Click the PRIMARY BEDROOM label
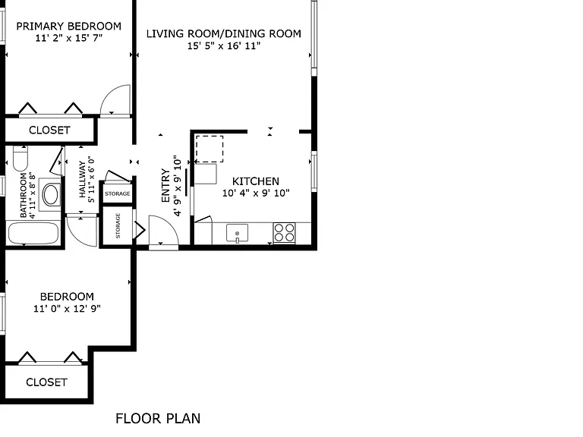pyautogui.click(x=69, y=27)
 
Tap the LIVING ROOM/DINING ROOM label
pyautogui.click(x=223, y=34)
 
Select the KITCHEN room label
pyautogui.click(x=255, y=181)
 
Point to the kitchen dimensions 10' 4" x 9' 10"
pyautogui.click(x=256, y=193)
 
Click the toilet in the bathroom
pyautogui.click(x=20, y=158)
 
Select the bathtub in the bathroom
pyautogui.click(x=33, y=234)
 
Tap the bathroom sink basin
pyautogui.click(x=51, y=195)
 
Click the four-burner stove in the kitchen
pyautogui.click(x=285, y=233)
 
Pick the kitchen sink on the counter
pyautogui.click(x=237, y=234)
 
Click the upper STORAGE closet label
pyautogui.click(x=118, y=193)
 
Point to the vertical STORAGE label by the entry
pyautogui.click(x=118, y=225)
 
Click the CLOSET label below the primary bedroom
pyautogui.click(x=49, y=130)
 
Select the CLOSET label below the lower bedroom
pyautogui.click(x=46, y=382)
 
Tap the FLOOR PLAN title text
pyautogui.click(x=158, y=419)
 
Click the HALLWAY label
pyautogui.click(x=82, y=179)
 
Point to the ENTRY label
pyautogui.click(x=165, y=185)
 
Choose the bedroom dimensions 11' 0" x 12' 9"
pyautogui.click(x=67, y=309)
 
